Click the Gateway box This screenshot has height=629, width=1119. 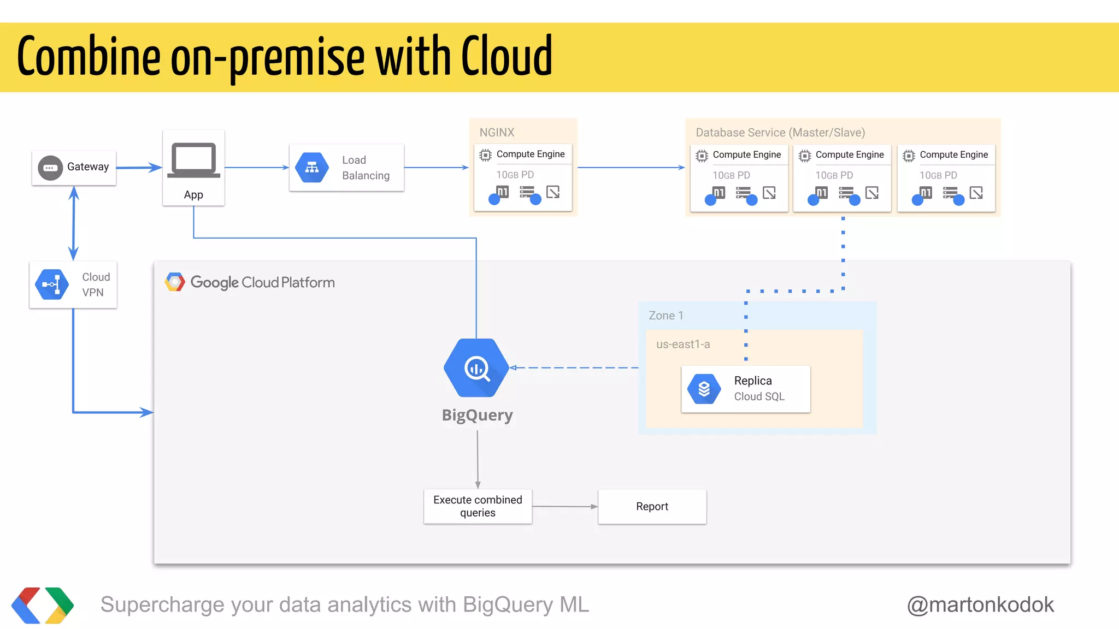point(74,168)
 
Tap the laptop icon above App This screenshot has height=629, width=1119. point(193,160)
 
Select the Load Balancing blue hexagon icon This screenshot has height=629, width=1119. point(312,168)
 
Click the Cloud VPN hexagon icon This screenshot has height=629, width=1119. point(52,284)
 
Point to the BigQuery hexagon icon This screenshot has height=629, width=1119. point(476,368)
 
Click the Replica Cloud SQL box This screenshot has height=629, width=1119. point(745,389)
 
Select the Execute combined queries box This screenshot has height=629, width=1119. point(478,506)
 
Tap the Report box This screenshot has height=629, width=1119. point(652,506)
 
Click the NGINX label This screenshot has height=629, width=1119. point(497,132)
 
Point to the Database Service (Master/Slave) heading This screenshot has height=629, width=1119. point(780,132)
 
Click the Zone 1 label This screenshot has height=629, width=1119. point(665,316)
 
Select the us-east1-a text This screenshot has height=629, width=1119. point(683,344)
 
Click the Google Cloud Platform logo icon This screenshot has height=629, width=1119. point(175,282)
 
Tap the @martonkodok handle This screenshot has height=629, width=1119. point(980,604)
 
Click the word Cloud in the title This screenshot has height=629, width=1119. point(507,57)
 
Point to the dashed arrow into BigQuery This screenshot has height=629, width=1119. point(574,368)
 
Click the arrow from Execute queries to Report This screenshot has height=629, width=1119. point(565,507)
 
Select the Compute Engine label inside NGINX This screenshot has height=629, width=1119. point(530,154)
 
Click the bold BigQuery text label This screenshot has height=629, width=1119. point(477,415)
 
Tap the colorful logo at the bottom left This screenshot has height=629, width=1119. point(42,605)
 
